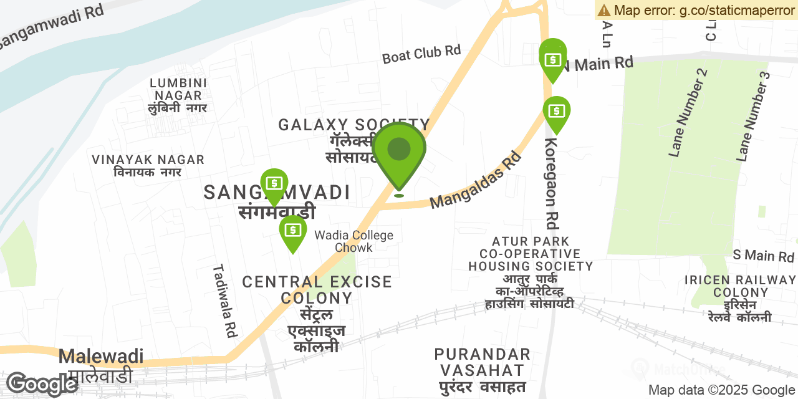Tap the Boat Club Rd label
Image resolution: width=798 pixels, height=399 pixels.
click(x=421, y=54)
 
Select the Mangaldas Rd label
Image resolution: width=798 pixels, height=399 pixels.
click(x=475, y=181)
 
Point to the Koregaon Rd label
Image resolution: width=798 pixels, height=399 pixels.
click(x=551, y=183)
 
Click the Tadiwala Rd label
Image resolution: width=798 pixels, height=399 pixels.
click(x=225, y=300)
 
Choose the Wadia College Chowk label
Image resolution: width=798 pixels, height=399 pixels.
click(x=353, y=241)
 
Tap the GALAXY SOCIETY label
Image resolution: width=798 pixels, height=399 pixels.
click(x=353, y=125)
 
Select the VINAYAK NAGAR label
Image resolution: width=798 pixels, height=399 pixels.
click(x=148, y=160)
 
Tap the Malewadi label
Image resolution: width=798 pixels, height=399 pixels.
click(x=100, y=357)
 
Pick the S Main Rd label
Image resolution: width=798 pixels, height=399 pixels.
click(x=763, y=256)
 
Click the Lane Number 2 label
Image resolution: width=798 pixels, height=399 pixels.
click(x=689, y=113)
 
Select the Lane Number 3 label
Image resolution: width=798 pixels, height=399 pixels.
click(x=754, y=117)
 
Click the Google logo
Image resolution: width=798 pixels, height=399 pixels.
click(x=42, y=384)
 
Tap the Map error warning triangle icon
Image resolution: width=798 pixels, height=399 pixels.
click(x=603, y=10)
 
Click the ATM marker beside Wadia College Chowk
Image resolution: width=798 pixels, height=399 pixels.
click(x=292, y=231)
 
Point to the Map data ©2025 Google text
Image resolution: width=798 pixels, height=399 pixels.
click(x=721, y=390)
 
